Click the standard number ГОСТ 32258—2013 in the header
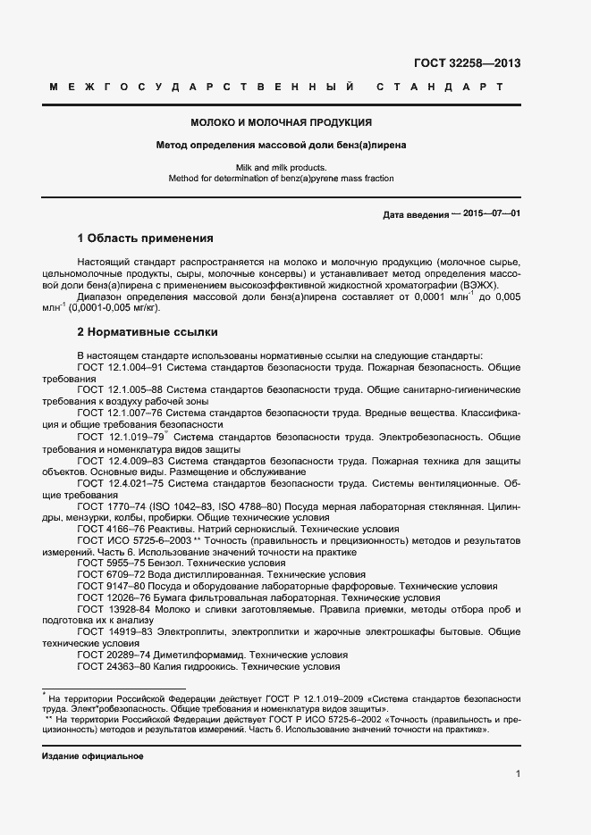click(467, 63)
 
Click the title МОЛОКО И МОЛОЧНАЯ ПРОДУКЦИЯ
click(281, 122)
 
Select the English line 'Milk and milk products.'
click(282, 167)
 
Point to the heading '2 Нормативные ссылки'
click(148, 332)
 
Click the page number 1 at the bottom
click(518, 774)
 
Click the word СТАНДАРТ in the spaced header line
click(440, 88)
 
